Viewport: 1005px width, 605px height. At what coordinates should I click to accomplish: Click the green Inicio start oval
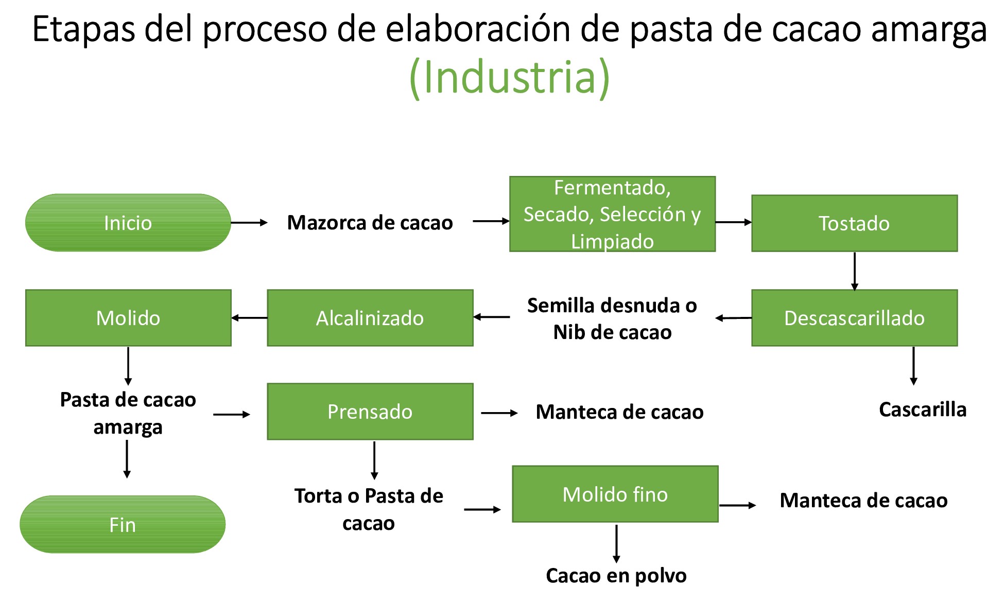pyautogui.click(x=128, y=223)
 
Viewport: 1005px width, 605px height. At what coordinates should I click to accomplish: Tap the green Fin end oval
pyautogui.click(x=123, y=524)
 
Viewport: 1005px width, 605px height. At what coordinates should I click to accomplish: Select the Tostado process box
pyautogui.click(x=854, y=223)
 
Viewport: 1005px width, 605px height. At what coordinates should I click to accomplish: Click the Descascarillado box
pyautogui.click(x=854, y=318)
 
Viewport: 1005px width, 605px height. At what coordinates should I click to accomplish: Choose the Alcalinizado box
pyautogui.click(x=370, y=318)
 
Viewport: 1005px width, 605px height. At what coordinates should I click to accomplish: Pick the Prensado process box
pyautogui.click(x=370, y=412)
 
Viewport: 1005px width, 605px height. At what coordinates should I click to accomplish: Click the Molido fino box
pyautogui.click(x=615, y=494)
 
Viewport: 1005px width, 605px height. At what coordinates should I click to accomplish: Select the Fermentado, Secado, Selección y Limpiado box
pyautogui.click(x=612, y=214)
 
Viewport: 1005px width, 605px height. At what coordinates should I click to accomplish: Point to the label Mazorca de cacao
pyautogui.click(x=370, y=223)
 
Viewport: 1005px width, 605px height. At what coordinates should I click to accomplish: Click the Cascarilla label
pyautogui.click(x=922, y=410)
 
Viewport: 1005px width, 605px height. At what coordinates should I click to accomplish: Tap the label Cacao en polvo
pyautogui.click(x=616, y=576)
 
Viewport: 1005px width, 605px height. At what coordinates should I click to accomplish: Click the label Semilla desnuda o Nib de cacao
pyautogui.click(x=612, y=318)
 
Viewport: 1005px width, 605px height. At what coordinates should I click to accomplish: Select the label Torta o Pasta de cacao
pyautogui.click(x=369, y=509)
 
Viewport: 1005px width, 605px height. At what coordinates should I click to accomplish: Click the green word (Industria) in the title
pyautogui.click(x=509, y=77)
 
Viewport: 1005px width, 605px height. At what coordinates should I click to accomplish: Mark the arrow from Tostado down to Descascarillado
pyautogui.click(x=855, y=271)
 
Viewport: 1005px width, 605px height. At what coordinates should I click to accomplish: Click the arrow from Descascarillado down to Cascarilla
pyautogui.click(x=913, y=366)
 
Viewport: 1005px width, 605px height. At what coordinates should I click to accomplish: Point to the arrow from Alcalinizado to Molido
pyautogui.click(x=249, y=318)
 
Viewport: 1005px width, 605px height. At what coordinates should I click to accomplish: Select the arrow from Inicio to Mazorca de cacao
pyautogui.click(x=249, y=223)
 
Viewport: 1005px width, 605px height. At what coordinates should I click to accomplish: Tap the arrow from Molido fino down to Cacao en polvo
pyautogui.click(x=616, y=543)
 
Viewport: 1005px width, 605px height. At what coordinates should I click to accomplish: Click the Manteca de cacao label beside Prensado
pyautogui.click(x=619, y=412)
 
